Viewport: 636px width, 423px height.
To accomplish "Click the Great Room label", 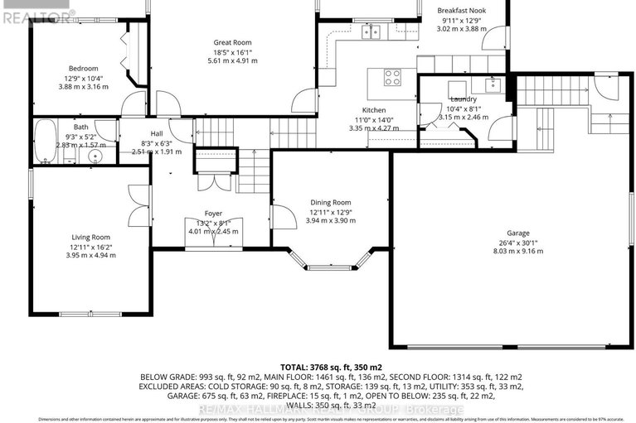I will click(x=231, y=42).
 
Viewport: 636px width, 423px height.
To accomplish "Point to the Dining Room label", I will click(x=330, y=202).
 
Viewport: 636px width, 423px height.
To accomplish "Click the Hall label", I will click(x=157, y=133).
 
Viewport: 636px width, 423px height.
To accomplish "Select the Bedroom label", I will click(x=83, y=70).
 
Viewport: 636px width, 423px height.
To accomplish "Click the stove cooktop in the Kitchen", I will click(x=392, y=79).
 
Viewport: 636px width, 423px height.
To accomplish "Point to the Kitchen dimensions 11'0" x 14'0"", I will click(x=373, y=120).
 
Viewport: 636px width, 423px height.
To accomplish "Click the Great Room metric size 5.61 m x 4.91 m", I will click(x=231, y=61).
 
